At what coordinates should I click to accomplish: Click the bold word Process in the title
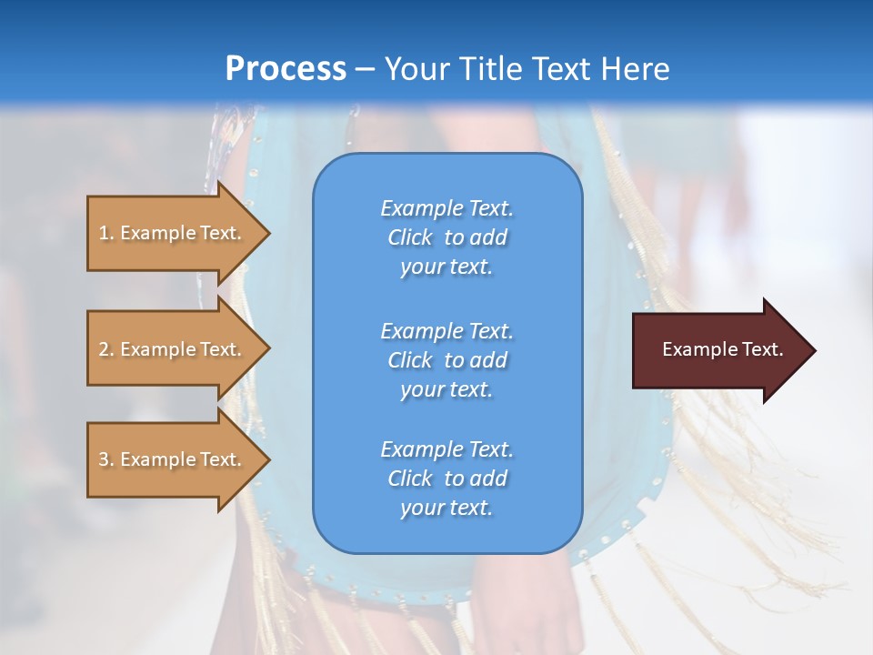pyautogui.click(x=286, y=68)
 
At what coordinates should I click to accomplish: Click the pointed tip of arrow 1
pyautogui.click(x=267, y=233)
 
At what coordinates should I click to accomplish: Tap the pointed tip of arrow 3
pyautogui.click(x=267, y=459)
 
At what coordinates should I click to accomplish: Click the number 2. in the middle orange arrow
pyautogui.click(x=105, y=349)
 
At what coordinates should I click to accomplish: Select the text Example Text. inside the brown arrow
pyautogui.click(x=722, y=349)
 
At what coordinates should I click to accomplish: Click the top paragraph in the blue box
pyautogui.click(x=447, y=237)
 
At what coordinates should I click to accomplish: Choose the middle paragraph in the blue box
pyautogui.click(x=447, y=359)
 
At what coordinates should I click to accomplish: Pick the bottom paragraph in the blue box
pyautogui.click(x=447, y=479)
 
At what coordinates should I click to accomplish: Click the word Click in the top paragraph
pyautogui.click(x=409, y=237)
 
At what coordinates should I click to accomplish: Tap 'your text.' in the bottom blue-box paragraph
pyautogui.click(x=447, y=508)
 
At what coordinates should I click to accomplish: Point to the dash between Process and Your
pyautogui.click(x=365, y=69)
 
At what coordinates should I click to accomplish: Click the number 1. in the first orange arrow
pyautogui.click(x=105, y=233)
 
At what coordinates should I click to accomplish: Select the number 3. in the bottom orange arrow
pyautogui.click(x=105, y=459)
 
